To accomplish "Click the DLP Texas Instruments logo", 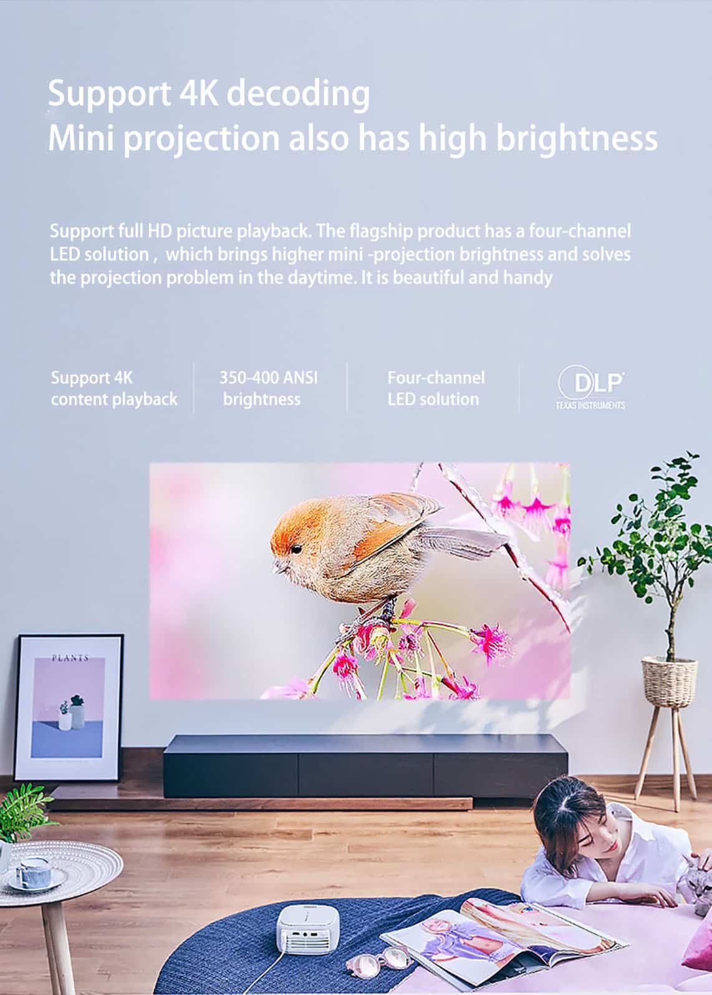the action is [591, 387].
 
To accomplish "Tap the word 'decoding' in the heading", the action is [301, 94].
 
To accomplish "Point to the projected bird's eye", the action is [296, 549].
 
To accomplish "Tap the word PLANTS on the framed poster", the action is [70, 658].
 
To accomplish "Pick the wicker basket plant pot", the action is [670, 682].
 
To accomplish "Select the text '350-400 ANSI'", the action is [268, 378].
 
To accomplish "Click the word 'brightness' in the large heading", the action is [577, 138].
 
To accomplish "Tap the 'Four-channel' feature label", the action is [436, 378].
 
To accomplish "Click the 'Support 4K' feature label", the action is [92, 378].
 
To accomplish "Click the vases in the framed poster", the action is [72, 713].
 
